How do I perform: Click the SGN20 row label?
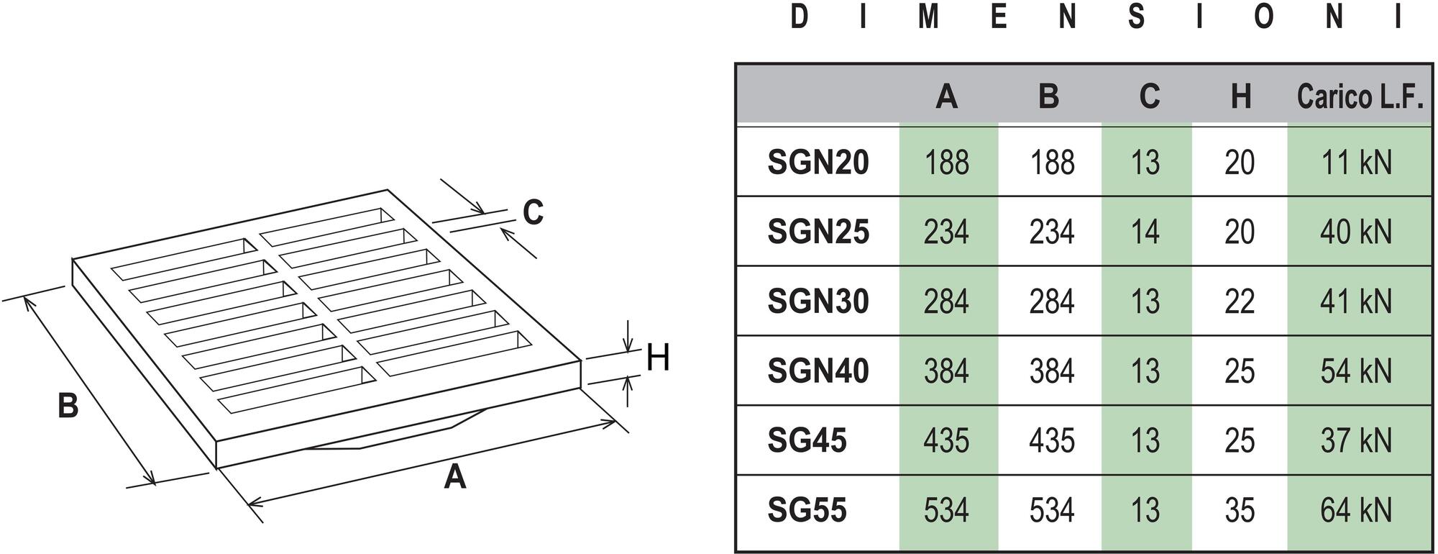[818, 162]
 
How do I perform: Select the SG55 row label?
[807, 510]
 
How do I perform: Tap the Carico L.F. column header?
[1359, 96]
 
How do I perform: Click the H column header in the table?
[1240, 96]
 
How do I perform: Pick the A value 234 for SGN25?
[946, 232]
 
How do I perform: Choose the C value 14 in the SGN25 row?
[1145, 232]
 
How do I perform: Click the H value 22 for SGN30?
[1240, 301]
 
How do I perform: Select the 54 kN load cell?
[1355, 371]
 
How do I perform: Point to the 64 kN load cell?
[1355, 510]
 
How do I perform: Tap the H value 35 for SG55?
[1240, 510]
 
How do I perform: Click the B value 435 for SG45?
[1051, 440]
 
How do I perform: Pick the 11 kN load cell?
[1355, 162]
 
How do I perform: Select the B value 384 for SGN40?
[1051, 371]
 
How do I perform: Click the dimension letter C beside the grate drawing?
[533, 212]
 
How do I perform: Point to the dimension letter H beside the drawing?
[658, 358]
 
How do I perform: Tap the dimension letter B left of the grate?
[68, 406]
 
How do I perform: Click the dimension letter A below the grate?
[454, 477]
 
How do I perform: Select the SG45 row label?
[807, 440]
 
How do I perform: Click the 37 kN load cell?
[1355, 440]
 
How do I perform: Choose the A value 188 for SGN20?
[946, 162]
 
